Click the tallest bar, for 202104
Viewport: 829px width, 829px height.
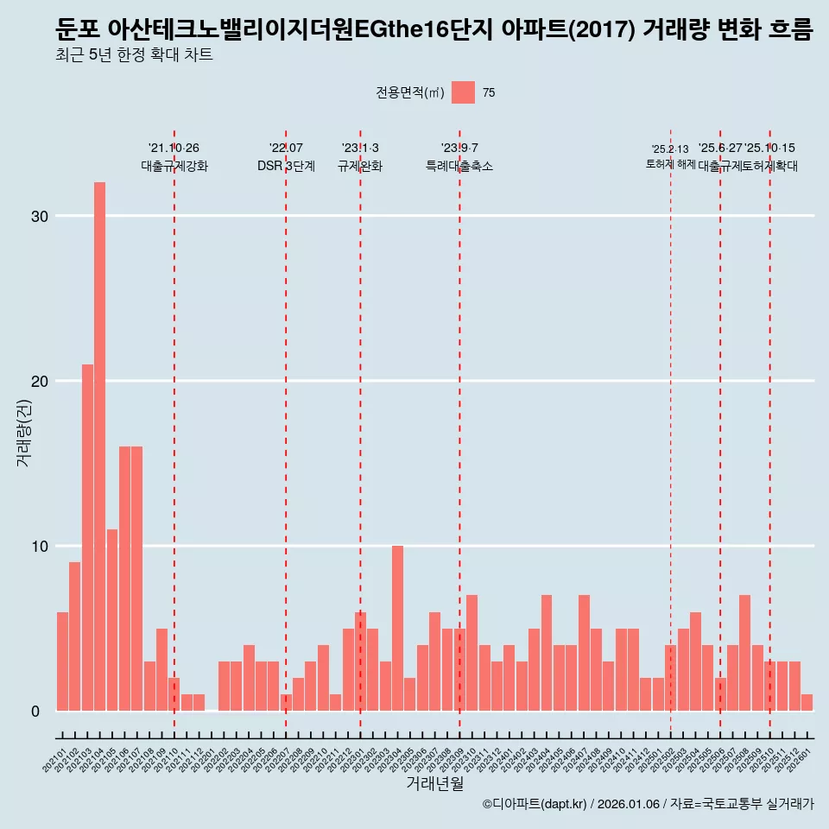pos(99,446)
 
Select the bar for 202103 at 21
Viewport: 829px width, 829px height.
pos(87,537)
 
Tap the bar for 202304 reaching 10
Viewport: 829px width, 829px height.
pos(397,628)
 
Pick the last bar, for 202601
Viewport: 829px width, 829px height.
pos(807,702)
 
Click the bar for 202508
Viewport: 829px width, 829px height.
pos(744,653)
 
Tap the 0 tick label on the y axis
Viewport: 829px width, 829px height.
pos(36,711)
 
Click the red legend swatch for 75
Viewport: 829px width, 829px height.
pos(463,92)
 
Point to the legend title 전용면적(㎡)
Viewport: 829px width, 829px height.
pos(410,93)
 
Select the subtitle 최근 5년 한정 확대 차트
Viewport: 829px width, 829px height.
pos(133,55)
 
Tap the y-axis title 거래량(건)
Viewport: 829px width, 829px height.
pos(23,432)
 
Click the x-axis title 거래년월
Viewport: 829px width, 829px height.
pos(434,783)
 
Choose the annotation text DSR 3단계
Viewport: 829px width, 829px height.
pos(286,166)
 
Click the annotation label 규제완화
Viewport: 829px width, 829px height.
pos(360,166)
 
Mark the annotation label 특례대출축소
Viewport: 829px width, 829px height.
pos(459,166)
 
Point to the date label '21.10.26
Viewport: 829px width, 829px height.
pos(174,148)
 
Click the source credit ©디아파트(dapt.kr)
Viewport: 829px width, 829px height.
pos(535,804)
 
